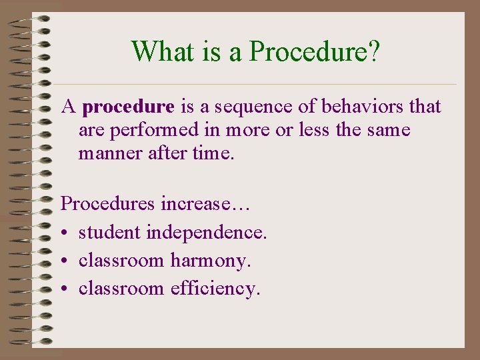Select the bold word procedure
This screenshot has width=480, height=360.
(x=130, y=107)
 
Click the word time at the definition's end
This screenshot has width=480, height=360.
(x=211, y=153)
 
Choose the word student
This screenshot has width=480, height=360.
(x=110, y=232)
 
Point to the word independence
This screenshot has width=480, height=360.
(x=207, y=232)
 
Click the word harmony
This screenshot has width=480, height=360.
(x=211, y=261)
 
